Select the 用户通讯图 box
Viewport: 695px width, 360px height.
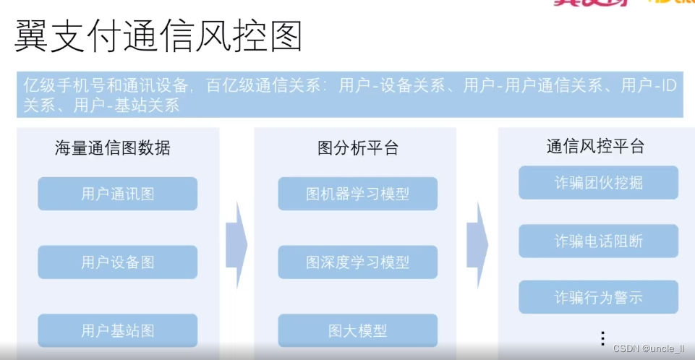[117, 194]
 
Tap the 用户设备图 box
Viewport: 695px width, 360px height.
[117, 262]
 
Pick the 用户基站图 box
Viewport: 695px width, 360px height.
[117, 331]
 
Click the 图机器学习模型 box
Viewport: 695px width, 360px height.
[357, 194]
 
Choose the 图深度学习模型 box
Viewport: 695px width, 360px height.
[357, 262]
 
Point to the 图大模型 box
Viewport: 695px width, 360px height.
[357, 331]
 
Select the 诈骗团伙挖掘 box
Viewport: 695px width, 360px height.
[598, 183]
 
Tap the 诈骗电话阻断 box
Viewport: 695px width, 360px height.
[598, 241]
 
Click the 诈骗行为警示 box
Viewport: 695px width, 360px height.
[598, 297]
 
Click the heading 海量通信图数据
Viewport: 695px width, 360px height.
[113, 149]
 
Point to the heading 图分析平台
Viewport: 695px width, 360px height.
[358, 149]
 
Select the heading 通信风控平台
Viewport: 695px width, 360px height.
[595, 147]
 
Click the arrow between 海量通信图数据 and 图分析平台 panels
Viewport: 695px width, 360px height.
[236, 244]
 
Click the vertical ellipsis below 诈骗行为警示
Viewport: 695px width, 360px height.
[602, 337]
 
